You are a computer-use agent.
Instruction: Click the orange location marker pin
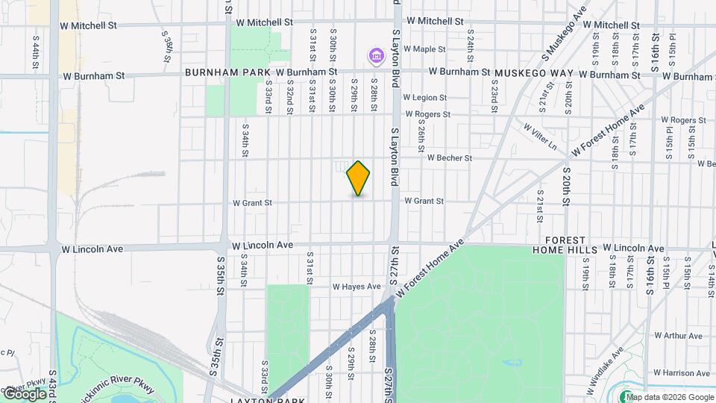[x=358, y=178]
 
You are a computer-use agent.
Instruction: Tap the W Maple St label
[x=424, y=49]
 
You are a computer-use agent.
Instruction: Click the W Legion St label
[x=424, y=97]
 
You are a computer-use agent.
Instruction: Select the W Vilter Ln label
[x=541, y=137]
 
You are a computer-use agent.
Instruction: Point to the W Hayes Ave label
[x=357, y=286]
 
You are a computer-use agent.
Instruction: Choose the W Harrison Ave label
[x=681, y=372]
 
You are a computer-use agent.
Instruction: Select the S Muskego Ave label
[x=564, y=34]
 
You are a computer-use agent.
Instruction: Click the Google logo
[x=25, y=393]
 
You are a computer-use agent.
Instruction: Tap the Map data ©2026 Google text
[x=671, y=397]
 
